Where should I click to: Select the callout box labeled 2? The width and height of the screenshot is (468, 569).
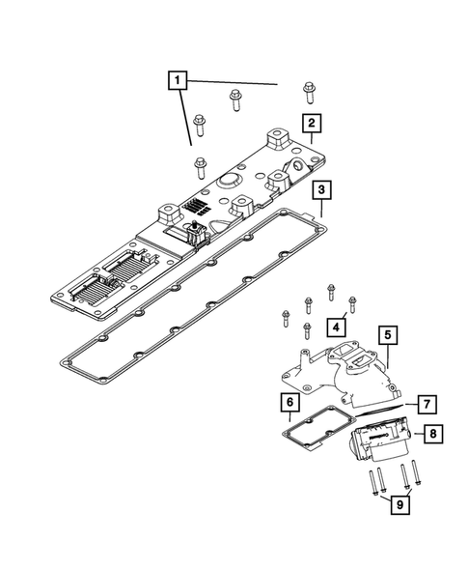click(x=310, y=123)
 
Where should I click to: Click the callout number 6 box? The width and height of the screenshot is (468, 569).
click(x=289, y=401)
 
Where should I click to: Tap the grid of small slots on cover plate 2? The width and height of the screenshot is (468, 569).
click(x=198, y=207)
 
